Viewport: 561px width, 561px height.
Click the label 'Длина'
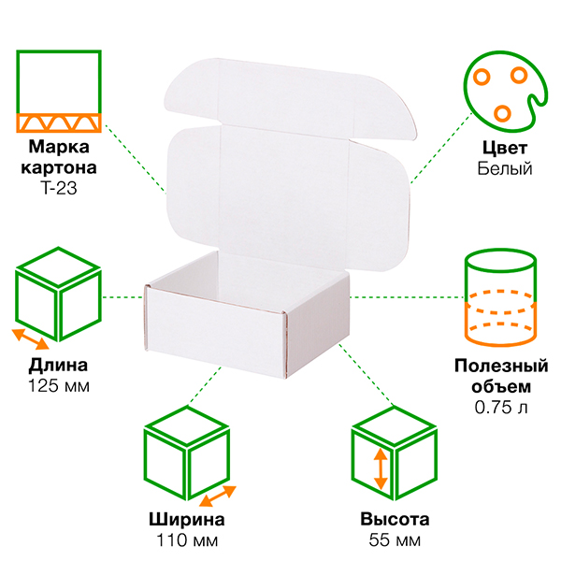(59, 365)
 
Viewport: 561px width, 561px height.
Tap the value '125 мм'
(59, 385)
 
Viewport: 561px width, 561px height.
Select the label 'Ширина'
(187, 520)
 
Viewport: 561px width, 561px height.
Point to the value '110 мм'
(187, 540)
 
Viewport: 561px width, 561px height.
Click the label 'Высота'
(394, 520)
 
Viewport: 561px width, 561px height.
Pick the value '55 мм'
(394, 540)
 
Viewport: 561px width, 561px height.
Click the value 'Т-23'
(59, 188)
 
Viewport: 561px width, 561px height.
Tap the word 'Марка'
(59, 148)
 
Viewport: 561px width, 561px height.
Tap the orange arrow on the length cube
(31, 338)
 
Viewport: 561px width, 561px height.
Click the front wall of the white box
(215, 323)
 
